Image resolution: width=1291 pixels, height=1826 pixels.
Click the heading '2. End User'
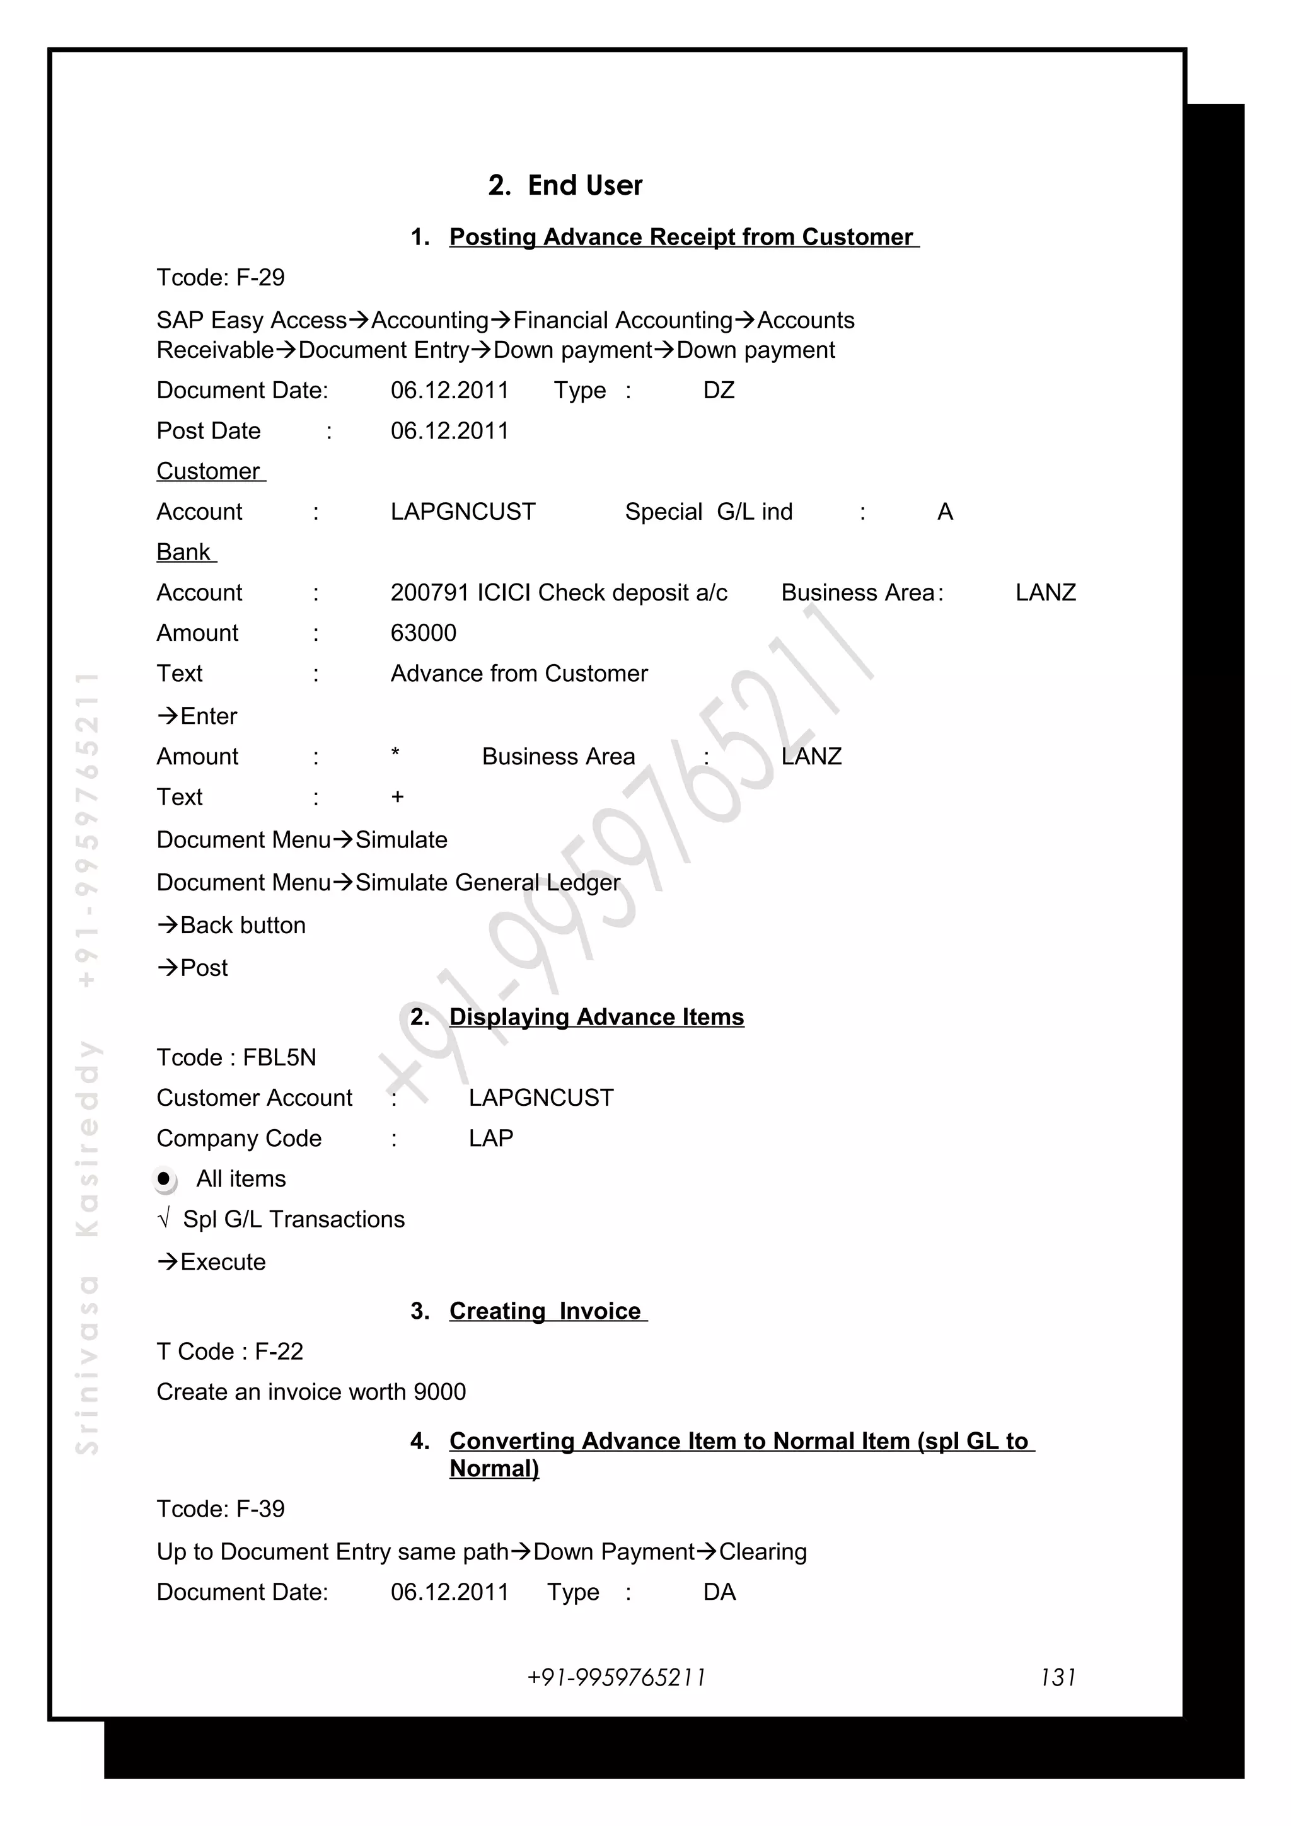click(x=565, y=185)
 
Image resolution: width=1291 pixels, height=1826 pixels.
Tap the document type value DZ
click(x=718, y=391)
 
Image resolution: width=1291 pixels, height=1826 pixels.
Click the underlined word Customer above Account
click(x=209, y=471)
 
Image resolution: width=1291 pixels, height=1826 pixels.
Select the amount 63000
click(x=423, y=633)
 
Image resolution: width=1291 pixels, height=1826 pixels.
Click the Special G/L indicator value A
click(x=944, y=512)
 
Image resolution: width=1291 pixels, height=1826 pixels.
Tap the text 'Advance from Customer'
click(x=519, y=674)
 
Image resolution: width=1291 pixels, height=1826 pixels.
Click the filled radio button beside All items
click(x=164, y=1179)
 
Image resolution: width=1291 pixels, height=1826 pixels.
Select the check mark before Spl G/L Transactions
click(x=164, y=1219)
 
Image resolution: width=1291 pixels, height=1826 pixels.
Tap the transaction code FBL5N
click(x=279, y=1058)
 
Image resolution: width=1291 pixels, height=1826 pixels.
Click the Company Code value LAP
click(x=491, y=1138)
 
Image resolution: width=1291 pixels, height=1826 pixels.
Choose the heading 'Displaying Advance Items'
click(x=596, y=1017)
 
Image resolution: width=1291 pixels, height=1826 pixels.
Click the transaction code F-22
click(x=279, y=1351)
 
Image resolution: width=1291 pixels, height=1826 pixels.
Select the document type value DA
click(x=719, y=1592)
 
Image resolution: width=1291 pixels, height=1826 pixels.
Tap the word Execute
click(x=223, y=1262)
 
